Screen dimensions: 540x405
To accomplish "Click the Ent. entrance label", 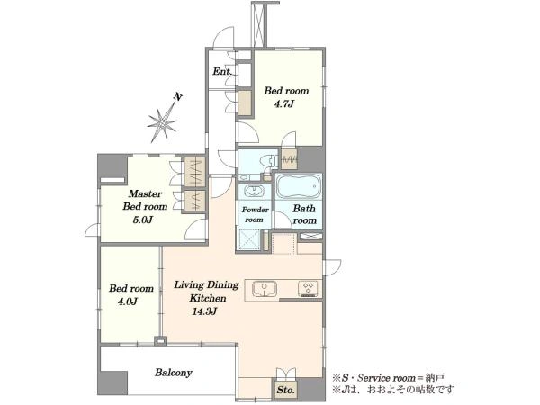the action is click(x=221, y=72).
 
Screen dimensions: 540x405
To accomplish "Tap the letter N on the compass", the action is click(x=177, y=97).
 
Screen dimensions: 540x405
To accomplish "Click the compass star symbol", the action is click(x=162, y=122).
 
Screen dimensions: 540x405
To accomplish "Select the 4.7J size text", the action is click(x=283, y=104).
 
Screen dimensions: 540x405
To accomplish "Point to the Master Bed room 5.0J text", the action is click(x=145, y=207).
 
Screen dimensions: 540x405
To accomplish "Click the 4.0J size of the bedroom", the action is click(x=128, y=301).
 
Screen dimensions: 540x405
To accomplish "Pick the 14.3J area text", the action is click(x=204, y=311).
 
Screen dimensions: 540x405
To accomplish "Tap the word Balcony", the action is click(x=173, y=373).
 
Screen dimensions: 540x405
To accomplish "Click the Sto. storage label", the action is click(x=286, y=391).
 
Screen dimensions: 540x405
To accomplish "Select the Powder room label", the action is click(x=255, y=214).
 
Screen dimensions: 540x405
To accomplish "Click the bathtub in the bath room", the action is click(x=299, y=186).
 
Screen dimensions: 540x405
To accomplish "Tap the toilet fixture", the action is click(x=268, y=161).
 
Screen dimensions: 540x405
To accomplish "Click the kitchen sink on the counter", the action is click(x=264, y=289).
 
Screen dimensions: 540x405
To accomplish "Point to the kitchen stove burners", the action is click(x=308, y=289).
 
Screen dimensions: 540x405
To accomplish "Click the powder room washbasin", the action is click(x=254, y=191).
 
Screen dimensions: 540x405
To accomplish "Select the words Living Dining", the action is click(x=206, y=285).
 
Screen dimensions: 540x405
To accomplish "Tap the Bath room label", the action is click(x=304, y=214).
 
